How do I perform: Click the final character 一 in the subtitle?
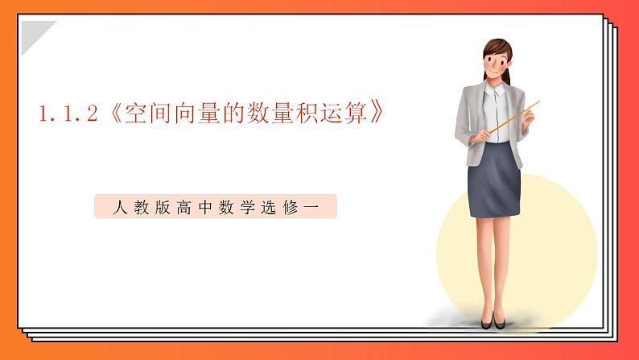point(313,208)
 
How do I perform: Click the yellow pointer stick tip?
point(537,102)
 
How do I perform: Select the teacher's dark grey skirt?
point(495,181)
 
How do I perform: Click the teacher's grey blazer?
point(469,121)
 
